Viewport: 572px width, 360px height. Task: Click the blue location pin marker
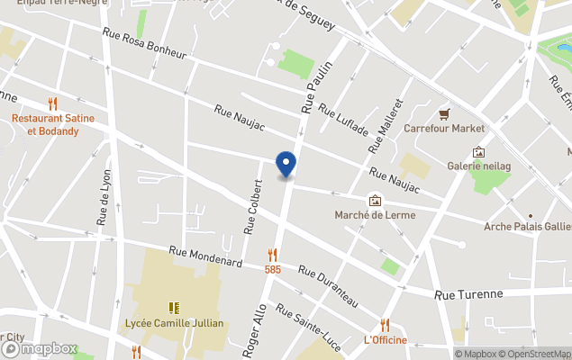coord(286,164)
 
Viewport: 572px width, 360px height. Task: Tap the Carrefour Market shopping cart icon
coord(444,114)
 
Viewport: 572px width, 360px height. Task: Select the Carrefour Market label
coord(444,129)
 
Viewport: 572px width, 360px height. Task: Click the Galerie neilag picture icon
coord(478,152)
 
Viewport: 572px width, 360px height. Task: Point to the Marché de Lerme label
coord(374,214)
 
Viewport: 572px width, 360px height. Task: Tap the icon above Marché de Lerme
coord(375,200)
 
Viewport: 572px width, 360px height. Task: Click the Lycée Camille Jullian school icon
coord(174,308)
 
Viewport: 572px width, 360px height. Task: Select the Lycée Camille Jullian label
coord(174,322)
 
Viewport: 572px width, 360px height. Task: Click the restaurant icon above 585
coord(272,255)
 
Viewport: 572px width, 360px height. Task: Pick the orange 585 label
coord(272,269)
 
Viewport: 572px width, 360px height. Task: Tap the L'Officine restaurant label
coord(385,340)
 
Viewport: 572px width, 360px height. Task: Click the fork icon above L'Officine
coord(385,325)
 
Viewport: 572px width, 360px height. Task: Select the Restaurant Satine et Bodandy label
coord(52,124)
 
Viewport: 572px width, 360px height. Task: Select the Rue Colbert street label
coord(254,206)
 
